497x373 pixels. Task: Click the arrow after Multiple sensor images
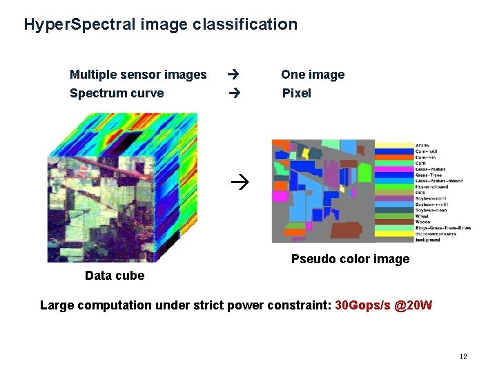233,74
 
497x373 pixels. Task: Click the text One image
312,75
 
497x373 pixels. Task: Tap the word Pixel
297,93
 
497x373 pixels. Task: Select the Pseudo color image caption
350,259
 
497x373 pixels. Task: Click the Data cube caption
115,276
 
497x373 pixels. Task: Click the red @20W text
414,305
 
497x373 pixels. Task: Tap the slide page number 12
462,356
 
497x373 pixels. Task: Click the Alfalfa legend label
422,146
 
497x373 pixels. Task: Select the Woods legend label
422,222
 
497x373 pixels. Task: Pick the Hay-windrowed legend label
431,186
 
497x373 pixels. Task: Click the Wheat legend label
422,216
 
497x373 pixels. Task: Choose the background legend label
427,240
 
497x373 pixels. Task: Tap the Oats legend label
420,193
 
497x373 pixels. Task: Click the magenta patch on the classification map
279,196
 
